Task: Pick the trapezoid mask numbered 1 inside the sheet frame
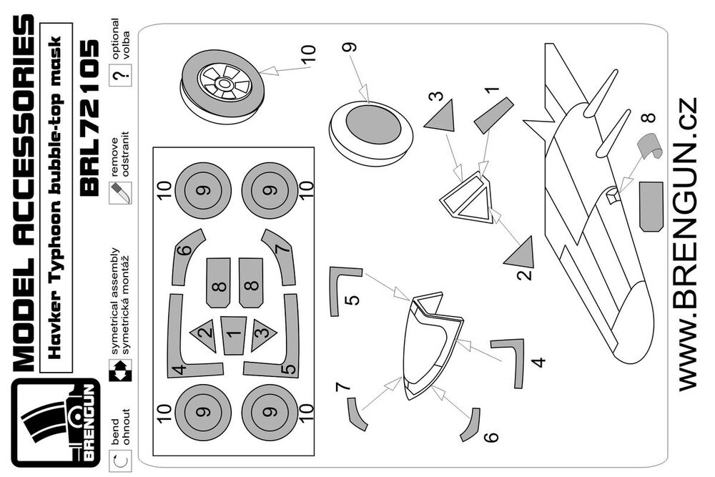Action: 232,333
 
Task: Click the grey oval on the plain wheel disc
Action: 373,127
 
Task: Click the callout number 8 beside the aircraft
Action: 648,117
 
